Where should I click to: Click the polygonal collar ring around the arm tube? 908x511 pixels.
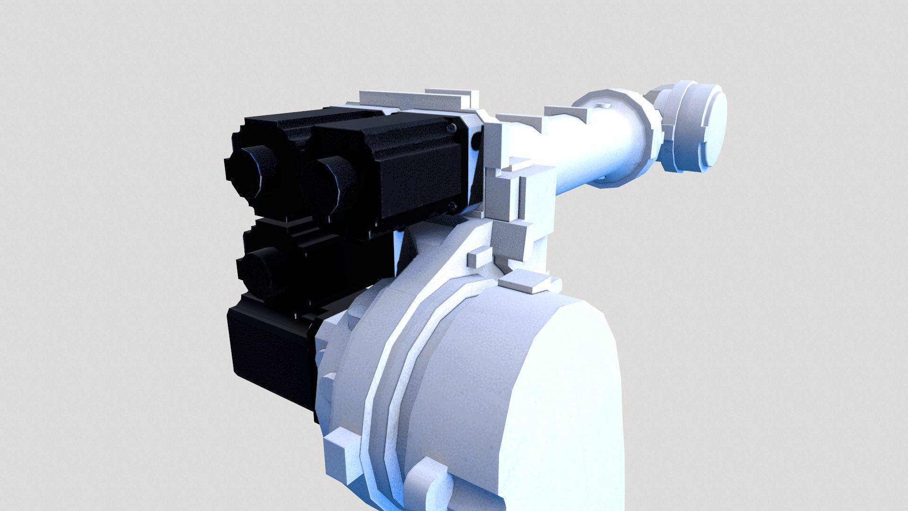click(615, 137)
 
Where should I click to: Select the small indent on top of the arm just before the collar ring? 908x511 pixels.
click(602, 104)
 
